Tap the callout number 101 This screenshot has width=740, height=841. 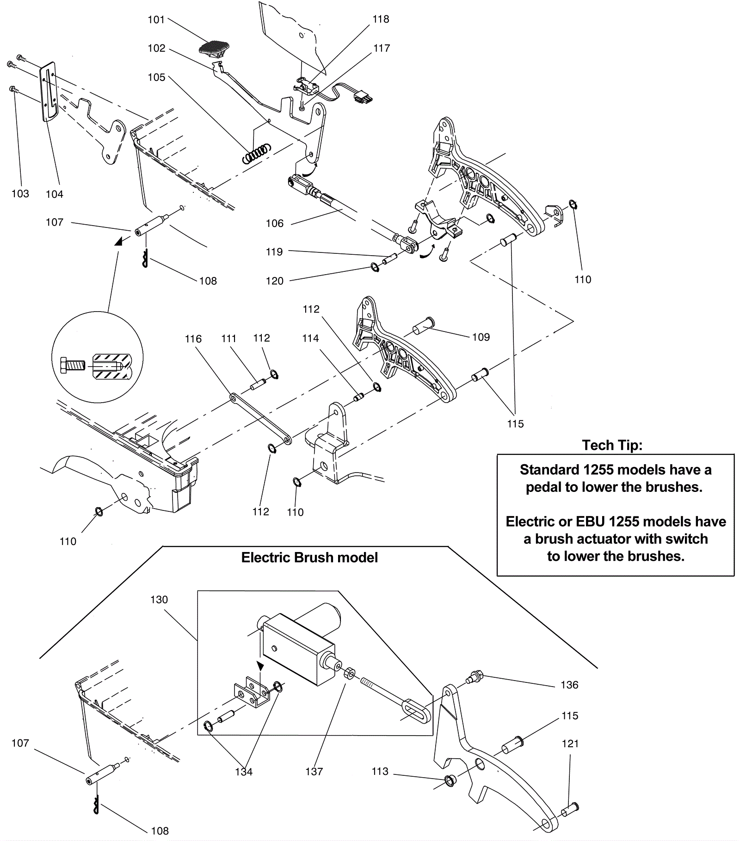[156, 19]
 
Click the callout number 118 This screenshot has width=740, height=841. [381, 19]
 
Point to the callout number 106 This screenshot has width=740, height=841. [274, 224]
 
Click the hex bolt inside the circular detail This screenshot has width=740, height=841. [73, 365]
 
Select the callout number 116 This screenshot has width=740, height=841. [193, 339]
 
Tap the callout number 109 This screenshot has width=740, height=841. [481, 337]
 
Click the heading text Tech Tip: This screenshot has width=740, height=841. [612, 445]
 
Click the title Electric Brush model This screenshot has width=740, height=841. [309, 558]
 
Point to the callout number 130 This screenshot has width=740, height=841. [159, 600]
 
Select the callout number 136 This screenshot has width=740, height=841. [569, 685]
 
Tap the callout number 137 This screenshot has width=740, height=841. [314, 771]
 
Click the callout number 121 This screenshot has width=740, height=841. [570, 743]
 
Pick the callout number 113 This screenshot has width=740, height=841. [380, 771]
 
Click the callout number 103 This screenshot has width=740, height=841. [20, 194]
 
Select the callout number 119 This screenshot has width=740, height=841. [274, 252]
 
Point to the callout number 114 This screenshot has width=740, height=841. [310, 338]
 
